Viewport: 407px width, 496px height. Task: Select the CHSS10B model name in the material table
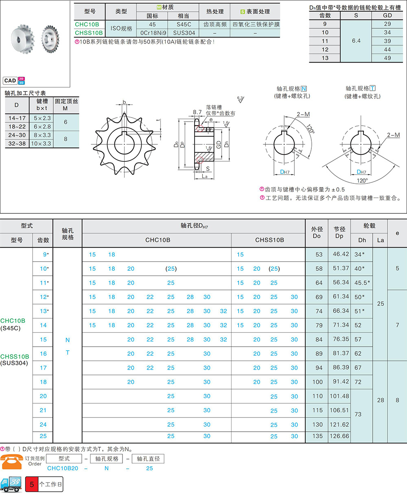(x=89, y=33)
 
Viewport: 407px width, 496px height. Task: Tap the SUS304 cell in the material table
(x=184, y=33)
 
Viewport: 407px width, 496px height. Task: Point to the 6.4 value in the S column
(x=356, y=41)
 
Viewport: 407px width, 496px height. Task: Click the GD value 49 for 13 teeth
(x=387, y=58)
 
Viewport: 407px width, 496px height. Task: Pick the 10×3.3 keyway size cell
(x=41, y=144)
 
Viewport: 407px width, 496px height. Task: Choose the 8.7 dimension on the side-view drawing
(x=197, y=112)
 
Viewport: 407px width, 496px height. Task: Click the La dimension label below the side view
(x=205, y=176)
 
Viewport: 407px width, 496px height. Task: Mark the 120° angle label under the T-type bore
(x=362, y=181)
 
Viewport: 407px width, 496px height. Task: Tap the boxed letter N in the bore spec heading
(x=304, y=89)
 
